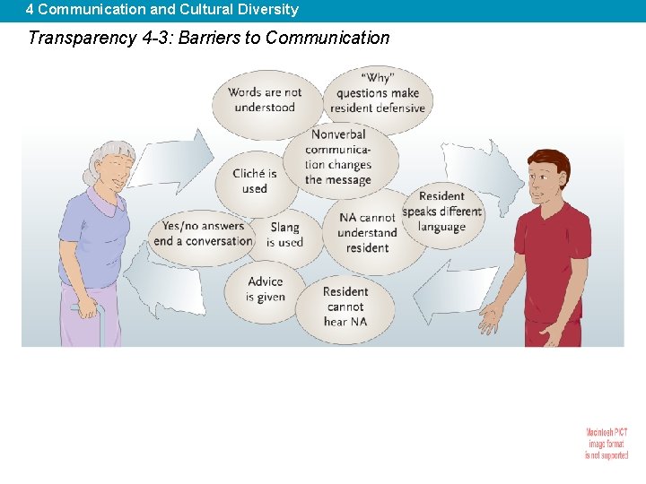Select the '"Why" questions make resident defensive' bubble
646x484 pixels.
click(378, 93)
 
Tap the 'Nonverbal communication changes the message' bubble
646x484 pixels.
click(338, 158)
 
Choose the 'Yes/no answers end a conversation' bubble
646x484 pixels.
click(203, 234)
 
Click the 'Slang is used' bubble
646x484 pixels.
click(284, 235)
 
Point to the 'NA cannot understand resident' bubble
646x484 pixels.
click(367, 232)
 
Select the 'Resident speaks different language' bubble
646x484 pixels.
click(441, 212)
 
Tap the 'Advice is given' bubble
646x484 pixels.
click(266, 289)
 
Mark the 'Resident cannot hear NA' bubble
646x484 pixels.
click(345, 307)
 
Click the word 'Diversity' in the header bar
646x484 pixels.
click(267, 10)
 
